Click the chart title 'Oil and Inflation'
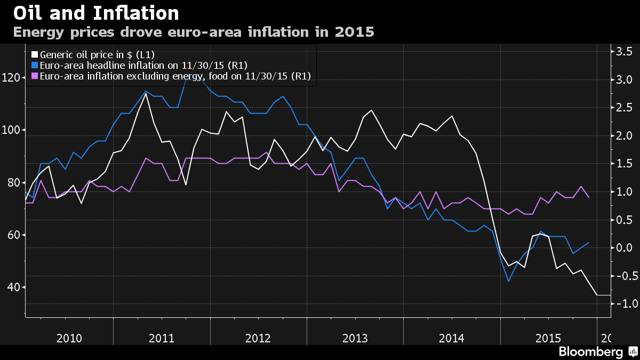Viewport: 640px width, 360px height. click(x=96, y=13)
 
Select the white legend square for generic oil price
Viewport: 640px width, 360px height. click(x=35, y=54)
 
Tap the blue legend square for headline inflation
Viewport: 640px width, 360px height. click(x=35, y=65)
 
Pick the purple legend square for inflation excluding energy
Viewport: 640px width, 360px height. click(x=35, y=76)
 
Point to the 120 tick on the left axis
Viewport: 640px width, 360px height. click(x=12, y=78)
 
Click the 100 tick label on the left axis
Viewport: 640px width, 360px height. click(x=12, y=130)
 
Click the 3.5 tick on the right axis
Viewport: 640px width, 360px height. click(x=624, y=52)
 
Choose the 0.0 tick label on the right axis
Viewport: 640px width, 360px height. click(x=624, y=248)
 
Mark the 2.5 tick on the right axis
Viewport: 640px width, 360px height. click(x=624, y=108)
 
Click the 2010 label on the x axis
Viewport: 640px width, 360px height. click(x=69, y=338)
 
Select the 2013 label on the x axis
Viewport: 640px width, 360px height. click(x=355, y=338)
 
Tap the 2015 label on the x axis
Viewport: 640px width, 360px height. click(x=548, y=338)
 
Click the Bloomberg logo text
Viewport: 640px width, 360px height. click(x=590, y=352)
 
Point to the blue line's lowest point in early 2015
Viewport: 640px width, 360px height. click(x=508, y=281)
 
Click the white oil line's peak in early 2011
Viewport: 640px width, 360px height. click(x=146, y=93)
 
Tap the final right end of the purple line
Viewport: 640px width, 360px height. click(x=588, y=197)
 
